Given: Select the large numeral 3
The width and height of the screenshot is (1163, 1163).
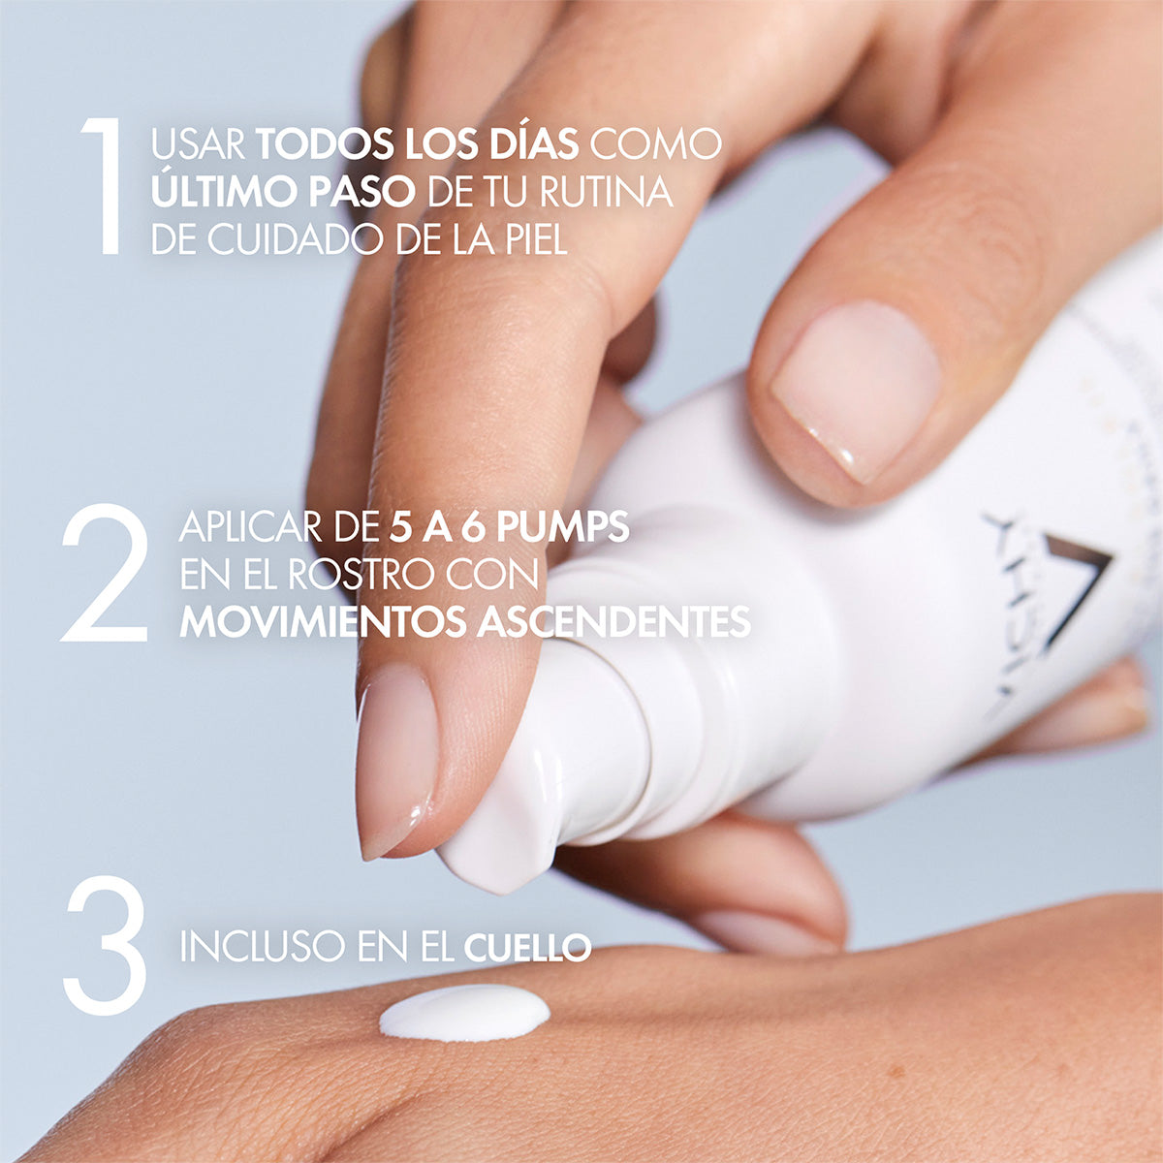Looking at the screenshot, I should [105, 945].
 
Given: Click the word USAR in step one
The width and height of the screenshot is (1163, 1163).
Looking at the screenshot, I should [199, 144].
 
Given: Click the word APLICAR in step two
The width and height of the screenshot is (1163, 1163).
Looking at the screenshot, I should [246, 527].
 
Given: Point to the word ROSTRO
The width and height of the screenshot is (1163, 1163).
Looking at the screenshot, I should [360, 575].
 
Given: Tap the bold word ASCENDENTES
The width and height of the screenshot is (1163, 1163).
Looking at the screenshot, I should [614, 622].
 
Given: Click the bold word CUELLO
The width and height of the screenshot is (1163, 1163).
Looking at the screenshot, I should [527, 947].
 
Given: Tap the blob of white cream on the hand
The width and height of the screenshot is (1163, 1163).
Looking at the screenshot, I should [464, 1012].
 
